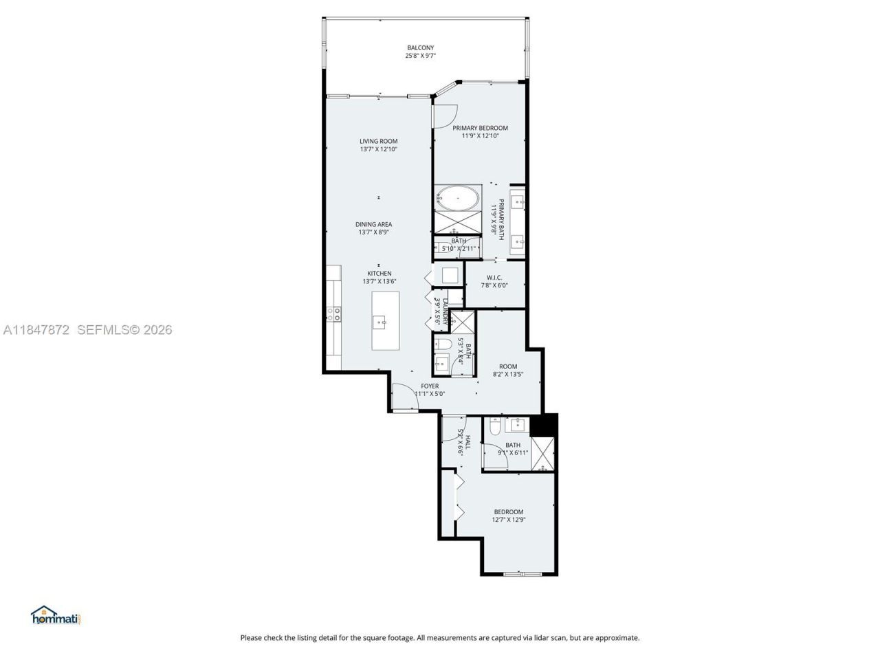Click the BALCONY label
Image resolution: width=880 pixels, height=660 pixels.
click(x=420, y=47)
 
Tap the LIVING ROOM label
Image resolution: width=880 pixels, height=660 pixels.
click(x=378, y=141)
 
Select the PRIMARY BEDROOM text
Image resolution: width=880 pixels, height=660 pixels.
click(x=480, y=128)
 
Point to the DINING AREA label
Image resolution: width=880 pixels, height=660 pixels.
click(x=374, y=224)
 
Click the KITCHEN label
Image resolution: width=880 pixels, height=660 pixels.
click(x=379, y=273)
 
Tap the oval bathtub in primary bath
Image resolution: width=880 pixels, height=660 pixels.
click(x=459, y=199)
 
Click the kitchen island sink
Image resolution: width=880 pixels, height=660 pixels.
click(x=380, y=321)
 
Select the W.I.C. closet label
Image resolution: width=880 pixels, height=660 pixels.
click(x=494, y=278)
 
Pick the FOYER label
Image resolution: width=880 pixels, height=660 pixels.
click(x=430, y=386)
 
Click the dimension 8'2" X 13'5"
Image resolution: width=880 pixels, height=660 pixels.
click(x=508, y=375)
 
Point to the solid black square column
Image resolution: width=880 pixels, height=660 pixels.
click(x=544, y=425)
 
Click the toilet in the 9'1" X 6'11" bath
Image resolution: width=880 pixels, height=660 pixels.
click(x=494, y=428)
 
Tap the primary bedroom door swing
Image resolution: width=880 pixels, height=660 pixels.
click(x=443, y=114)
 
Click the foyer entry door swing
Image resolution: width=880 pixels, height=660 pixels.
click(x=402, y=398)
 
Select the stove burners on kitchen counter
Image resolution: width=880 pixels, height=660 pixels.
click(x=334, y=313)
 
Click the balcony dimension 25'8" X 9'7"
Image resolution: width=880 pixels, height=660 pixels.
click(x=420, y=56)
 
